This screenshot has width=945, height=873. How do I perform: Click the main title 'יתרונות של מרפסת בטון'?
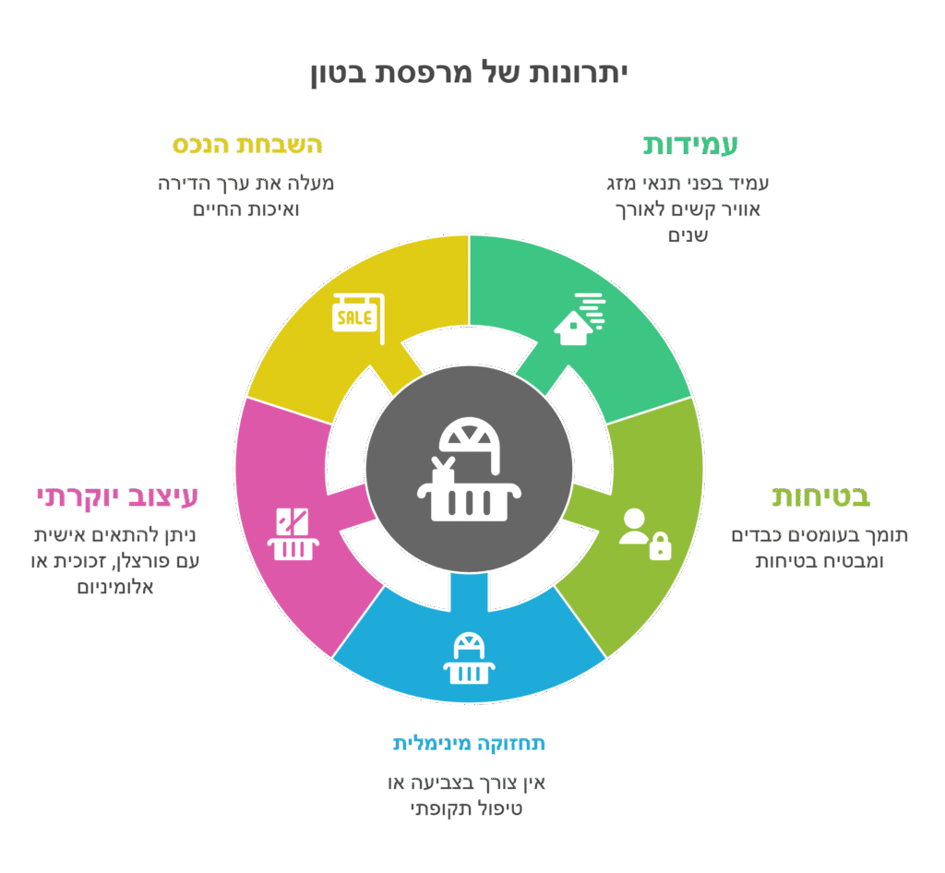pyautogui.click(x=470, y=74)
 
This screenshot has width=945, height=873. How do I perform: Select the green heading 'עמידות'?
pyautogui.click(x=690, y=145)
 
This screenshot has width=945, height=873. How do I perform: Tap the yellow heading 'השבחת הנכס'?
pyautogui.click(x=247, y=145)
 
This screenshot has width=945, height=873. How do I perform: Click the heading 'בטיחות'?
pyautogui.click(x=820, y=496)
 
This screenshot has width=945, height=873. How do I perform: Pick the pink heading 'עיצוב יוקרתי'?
pyautogui.click(x=117, y=497)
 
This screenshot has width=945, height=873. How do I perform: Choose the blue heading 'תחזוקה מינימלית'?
pyautogui.click(x=470, y=744)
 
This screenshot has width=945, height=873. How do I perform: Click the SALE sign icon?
pyautogui.click(x=359, y=318)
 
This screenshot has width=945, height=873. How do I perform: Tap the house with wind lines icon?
pyautogui.click(x=580, y=319)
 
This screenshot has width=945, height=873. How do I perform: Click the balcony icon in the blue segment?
pyautogui.click(x=469, y=659)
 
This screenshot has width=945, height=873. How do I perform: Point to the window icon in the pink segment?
pyautogui.click(x=293, y=534)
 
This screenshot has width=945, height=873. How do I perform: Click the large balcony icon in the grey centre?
pyautogui.click(x=469, y=469)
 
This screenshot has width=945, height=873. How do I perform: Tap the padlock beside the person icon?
pyautogui.click(x=660, y=546)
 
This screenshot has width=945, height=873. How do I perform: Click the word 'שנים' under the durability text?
pyautogui.click(x=688, y=235)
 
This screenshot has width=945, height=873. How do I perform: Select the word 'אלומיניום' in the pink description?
pyautogui.click(x=115, y=587)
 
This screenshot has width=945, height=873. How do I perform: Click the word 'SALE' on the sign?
pyautogui.click(x=354, y=317)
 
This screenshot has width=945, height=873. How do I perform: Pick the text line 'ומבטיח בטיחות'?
pyautogui.click(x=819, y=561)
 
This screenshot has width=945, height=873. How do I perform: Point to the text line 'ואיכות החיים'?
pyautogui.click(x=245, y=209)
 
